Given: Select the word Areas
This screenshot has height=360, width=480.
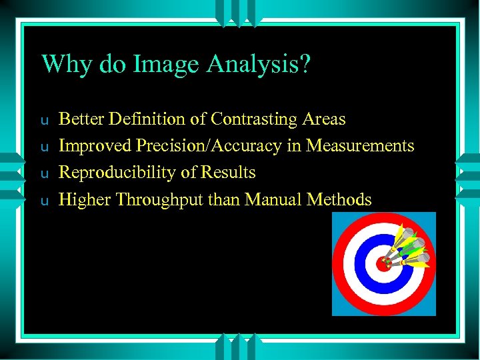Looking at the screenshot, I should (323, 119).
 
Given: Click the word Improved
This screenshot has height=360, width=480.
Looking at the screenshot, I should (92, 146).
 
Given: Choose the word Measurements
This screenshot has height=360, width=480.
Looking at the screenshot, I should (360, 146).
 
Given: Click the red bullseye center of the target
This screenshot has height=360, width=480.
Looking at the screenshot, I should (382, 264).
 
